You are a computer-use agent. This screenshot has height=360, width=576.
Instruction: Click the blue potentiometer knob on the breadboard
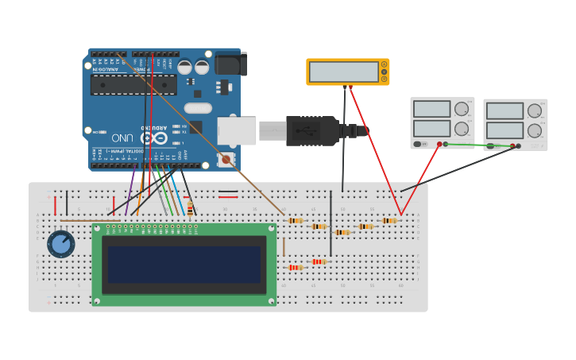60,243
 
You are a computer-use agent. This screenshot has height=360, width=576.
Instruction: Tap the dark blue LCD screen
184,265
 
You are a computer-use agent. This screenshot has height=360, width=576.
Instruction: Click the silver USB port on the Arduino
237,131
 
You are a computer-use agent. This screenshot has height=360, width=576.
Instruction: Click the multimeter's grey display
343,72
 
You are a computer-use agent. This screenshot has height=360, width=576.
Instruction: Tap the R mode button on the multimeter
385,79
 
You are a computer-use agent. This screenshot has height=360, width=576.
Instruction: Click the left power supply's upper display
431,109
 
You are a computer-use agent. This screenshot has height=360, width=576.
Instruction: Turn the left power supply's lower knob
462,129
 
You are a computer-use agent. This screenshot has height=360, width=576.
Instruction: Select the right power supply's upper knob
535,111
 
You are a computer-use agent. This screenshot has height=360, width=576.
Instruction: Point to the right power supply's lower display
504,130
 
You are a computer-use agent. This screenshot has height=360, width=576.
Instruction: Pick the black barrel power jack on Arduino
230,64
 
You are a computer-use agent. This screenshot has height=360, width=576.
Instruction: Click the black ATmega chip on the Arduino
133,85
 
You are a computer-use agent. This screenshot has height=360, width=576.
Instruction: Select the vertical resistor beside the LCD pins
190,208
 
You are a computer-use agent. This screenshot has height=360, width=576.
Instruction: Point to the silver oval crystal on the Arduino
198,108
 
